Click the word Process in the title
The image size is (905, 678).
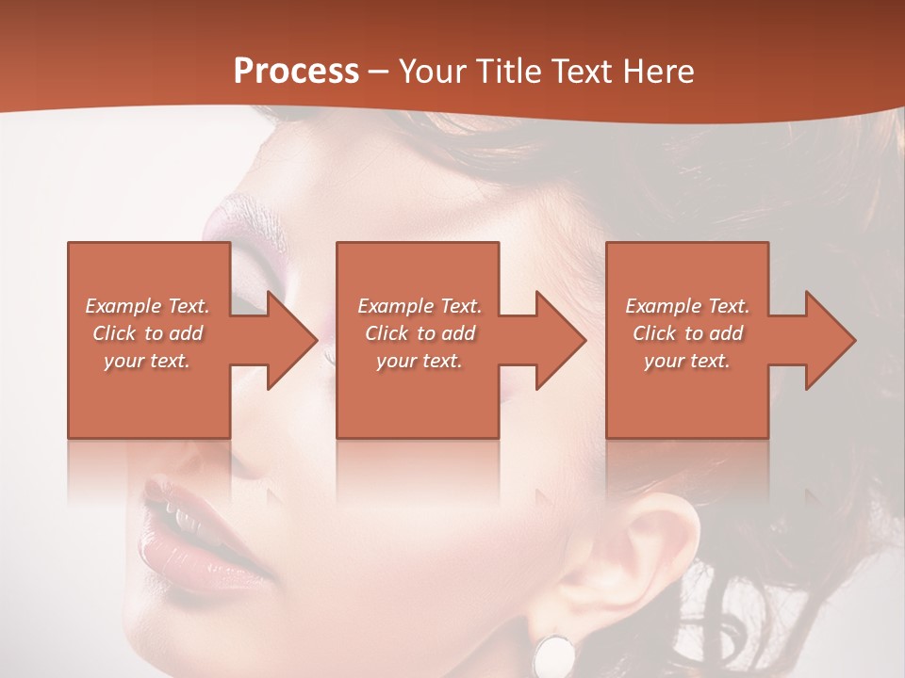296,72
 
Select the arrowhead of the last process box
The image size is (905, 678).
829,340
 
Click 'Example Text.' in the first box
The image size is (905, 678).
147,306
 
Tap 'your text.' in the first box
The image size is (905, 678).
147,361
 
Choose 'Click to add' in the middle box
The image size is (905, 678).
420,333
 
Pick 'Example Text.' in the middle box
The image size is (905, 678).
420,306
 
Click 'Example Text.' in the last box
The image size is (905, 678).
687,306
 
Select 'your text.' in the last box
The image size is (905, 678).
687,361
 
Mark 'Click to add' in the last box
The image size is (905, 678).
687,333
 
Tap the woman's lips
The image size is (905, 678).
189,532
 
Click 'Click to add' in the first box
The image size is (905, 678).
147,333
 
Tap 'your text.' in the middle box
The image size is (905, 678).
420,361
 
